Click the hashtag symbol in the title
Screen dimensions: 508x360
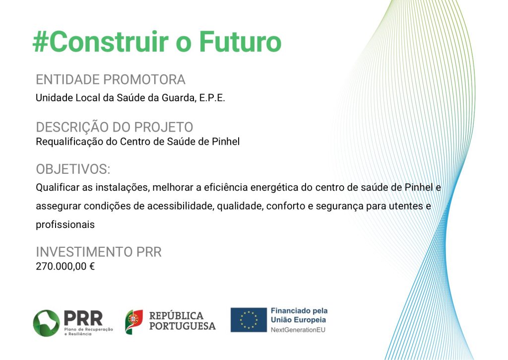pyautogui.click(x=41, y=42)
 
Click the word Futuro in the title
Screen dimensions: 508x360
pyautogui.click(x=240, y=42)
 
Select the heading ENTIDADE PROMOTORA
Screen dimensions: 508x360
pyautogui.click(x=111, y=79)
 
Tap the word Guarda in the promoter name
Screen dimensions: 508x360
pyautogui.click(x=179, y=98)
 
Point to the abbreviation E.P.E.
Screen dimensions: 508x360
pyautogui.click(x=212, y=98)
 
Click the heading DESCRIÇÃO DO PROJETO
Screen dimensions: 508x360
pyautogui.click(x=115, y=127)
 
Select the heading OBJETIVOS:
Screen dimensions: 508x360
pyautogui.click(x=73, y=169)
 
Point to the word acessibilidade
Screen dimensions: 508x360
pyautogui.click(x=181, y=206)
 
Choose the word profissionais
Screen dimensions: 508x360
pyautogui.click(x=65, y=224)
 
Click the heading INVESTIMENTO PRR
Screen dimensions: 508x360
pyautogui.click(x=99, y=252)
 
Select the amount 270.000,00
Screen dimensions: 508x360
pyautogui.click(x=61, y=266)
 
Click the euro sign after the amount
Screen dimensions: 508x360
pyautogui.click(x=92, y=266)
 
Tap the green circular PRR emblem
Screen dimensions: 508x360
pyautogui.click(x=46, y=323)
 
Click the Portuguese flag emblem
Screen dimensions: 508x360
pyautogui.click(x=134, y=322)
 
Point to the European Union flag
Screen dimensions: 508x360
pyautogui.click(x=249, y=320)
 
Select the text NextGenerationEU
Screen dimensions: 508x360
pyautogui.click(x=298, y=330)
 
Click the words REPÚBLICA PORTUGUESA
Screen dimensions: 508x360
pyautogui.click(x=183, y=321)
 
